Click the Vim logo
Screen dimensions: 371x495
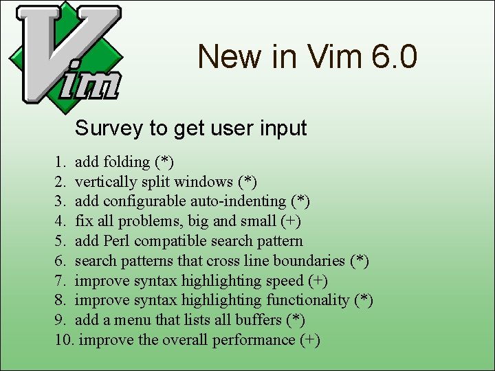[x=65, y=54]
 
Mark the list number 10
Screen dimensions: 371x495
[x=65, y=340]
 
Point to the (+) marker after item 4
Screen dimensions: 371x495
[x=291, y=221]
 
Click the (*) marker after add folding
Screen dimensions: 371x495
[x=164, y=162]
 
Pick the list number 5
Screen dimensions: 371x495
[x=60, y=241]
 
